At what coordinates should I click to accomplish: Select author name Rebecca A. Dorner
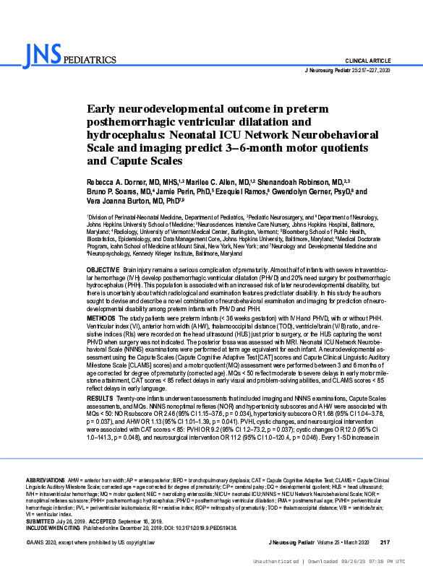(x=119, y=183)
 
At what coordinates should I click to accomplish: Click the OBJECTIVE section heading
(x=103, y=268)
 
